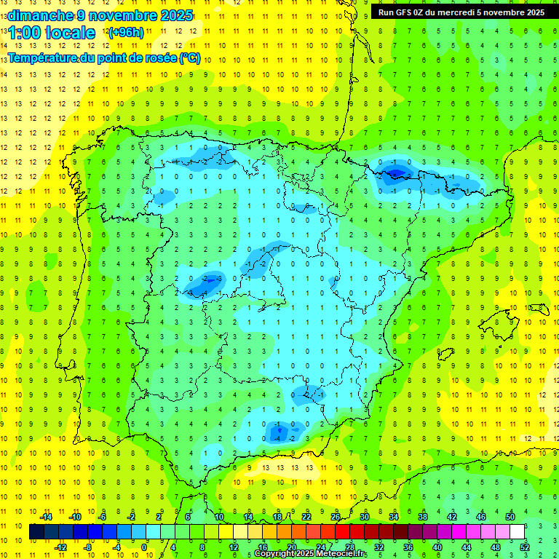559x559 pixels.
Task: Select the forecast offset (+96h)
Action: click(126, 32)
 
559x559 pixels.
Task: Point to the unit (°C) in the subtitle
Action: click(190, 58)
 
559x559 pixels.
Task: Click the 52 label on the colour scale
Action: click(524, 547)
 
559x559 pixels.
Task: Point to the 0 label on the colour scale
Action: click(144, 547)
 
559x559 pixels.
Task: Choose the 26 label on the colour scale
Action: click(336, 517)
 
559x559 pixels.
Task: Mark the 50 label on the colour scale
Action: click(510, 517)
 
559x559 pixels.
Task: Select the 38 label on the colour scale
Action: click(423, 517)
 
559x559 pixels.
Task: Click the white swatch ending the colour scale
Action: click(518, 532)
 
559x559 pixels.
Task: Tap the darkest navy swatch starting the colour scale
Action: click(36, 532)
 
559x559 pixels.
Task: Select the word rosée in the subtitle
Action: click(159, 58)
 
